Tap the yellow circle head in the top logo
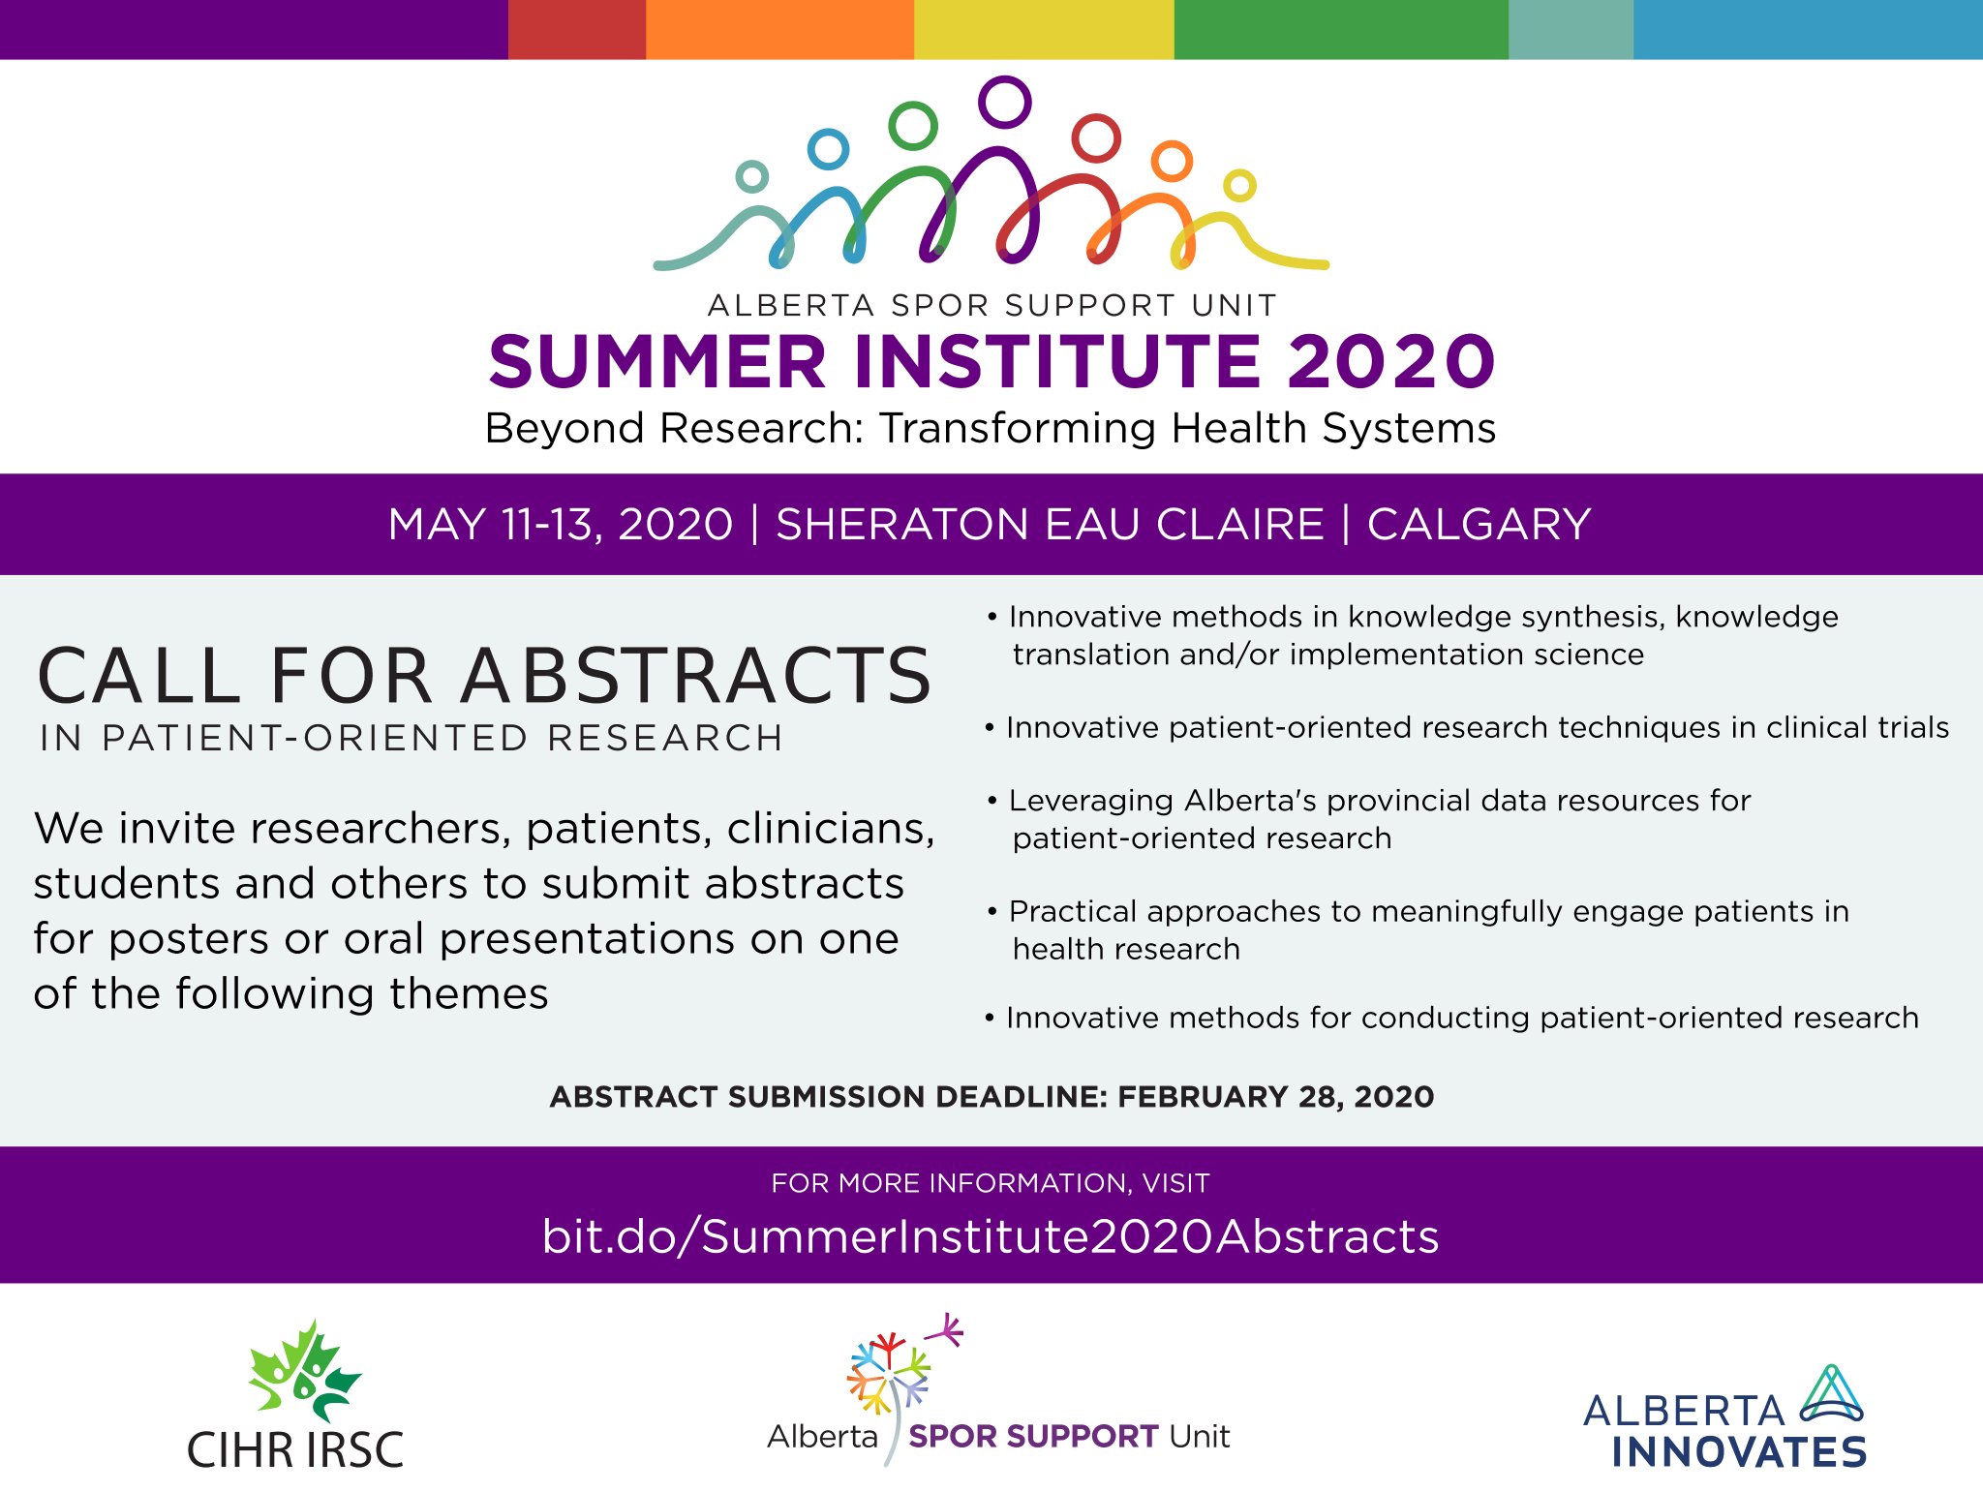pyautogui.click(x=1239, y=170)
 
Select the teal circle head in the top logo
pyautogui.click(x=752, y=161)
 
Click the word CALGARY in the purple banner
pyautogui.click(x=1479, y=524)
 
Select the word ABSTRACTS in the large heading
pyautogui.click(x=696, y=675)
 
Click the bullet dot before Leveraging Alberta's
pyautogui.click(x=991, y=801)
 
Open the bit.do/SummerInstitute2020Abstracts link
pyautogui.click(x=991, y=1236)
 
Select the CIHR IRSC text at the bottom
pyautogui.click(x=295, y=1449)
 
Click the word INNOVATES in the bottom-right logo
pyautogui.click(x=1739, y=1452)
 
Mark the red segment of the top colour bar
pyautogui.click(x=577, y=29)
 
